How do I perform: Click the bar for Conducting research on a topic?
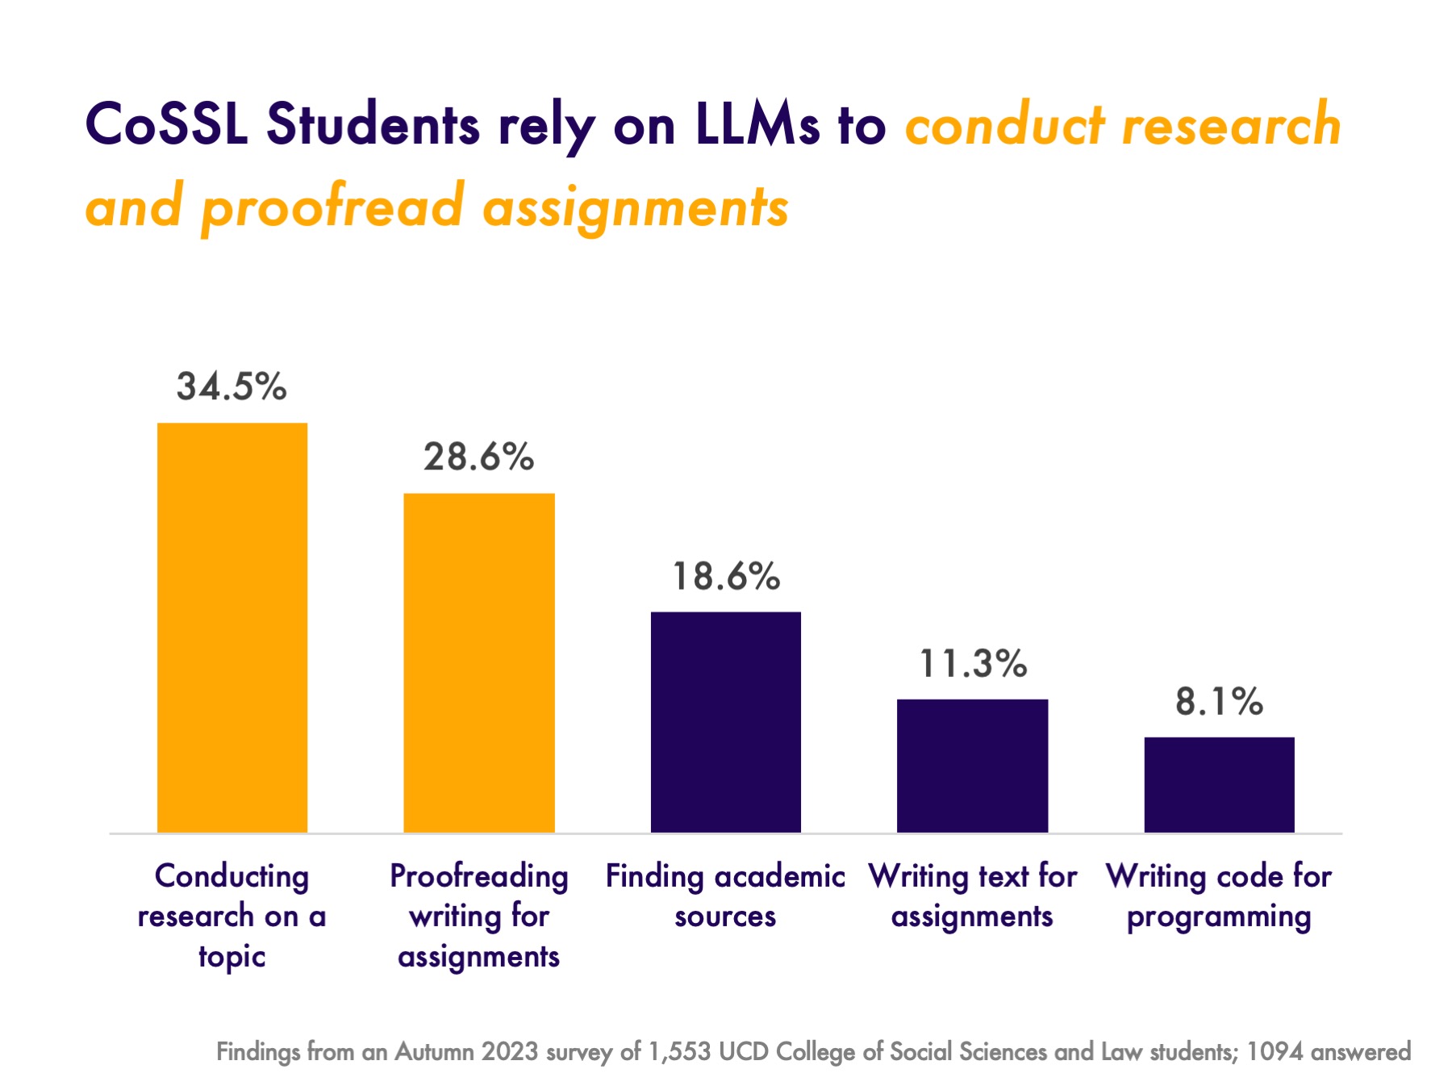pyautogui.click(x=232, y=628)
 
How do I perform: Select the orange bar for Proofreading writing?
pyautogui.click(x=479, y=662)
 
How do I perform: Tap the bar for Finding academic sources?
pyautogui.click(x=726, y=722)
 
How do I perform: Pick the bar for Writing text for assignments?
pyautogui.click(x=972, y=766)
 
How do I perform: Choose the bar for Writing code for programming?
pyautogui.click(x=1219, y=784)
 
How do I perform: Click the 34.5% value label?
pyautogui.click(x=232, y=386)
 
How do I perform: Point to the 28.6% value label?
pyautogui.click(x=479, y=457)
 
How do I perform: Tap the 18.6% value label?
pyautogui.click(x=726, y=577)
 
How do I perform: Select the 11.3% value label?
pyautogui.click(x=973, y=664)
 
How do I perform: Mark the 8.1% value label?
pyautogui.click(x=1219, y=702)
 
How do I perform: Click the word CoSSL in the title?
pyautogui.click(x=166, y=126)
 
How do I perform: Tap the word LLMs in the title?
pyautogui.click(x=757, y=126)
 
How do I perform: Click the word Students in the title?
pyautogui.click(x=373, y=126)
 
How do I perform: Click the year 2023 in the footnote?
pyautogui.click(x=510, y=1052)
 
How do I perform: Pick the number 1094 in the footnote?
pyautogui.click(x=1275, y=1052)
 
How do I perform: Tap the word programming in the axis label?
pyautogui.click(x=1219, y=917)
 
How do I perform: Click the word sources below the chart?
pyautogui.click(x=725, y=917)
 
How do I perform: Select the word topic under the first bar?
pyautogui.click(x=232, y=957)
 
